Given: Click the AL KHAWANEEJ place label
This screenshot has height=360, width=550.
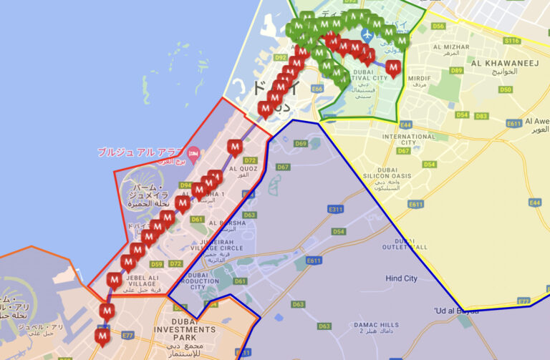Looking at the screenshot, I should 504,63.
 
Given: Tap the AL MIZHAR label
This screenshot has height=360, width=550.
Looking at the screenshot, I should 450,47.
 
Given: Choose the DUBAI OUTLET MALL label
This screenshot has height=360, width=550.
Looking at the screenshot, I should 400,244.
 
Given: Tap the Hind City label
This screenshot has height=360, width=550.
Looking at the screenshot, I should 401,278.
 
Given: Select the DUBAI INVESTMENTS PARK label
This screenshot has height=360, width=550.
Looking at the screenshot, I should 193,329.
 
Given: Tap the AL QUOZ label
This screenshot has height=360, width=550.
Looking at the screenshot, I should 243,171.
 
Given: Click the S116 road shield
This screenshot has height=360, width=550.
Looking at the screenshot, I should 511,41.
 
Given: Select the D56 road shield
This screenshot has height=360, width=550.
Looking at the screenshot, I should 438,26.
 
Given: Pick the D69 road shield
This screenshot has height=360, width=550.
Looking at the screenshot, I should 301,144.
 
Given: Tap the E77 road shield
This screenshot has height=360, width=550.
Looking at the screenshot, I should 128,334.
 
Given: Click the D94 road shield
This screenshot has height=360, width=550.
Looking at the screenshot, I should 185,185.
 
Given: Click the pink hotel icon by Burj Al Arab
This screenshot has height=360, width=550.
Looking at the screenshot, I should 193,152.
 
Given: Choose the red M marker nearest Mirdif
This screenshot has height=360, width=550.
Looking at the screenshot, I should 392,67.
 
